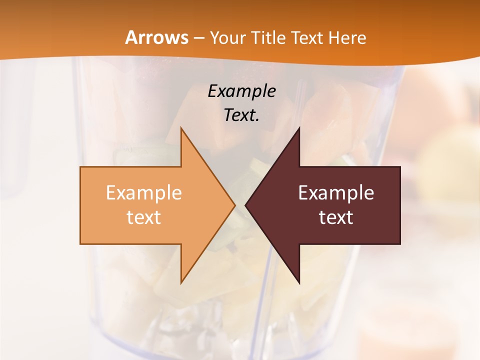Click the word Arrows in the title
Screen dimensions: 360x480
coord(156,37)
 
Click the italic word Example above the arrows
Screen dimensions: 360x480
coord(241,91)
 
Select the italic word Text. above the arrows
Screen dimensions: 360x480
coord(241,115)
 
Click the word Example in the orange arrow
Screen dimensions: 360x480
coord(143,192)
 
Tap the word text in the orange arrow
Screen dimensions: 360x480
coord(143,217)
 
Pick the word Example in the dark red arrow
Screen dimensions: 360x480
coord(336,192)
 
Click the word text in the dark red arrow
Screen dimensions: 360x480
coord(336,217)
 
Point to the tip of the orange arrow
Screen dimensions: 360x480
coord(234,205)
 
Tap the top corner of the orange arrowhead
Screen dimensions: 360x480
coord(181,128)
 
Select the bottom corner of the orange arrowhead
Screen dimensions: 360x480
coord(181,283)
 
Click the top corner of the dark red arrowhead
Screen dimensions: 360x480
coord(299,128)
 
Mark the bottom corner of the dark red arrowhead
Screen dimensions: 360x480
coord(299,283)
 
